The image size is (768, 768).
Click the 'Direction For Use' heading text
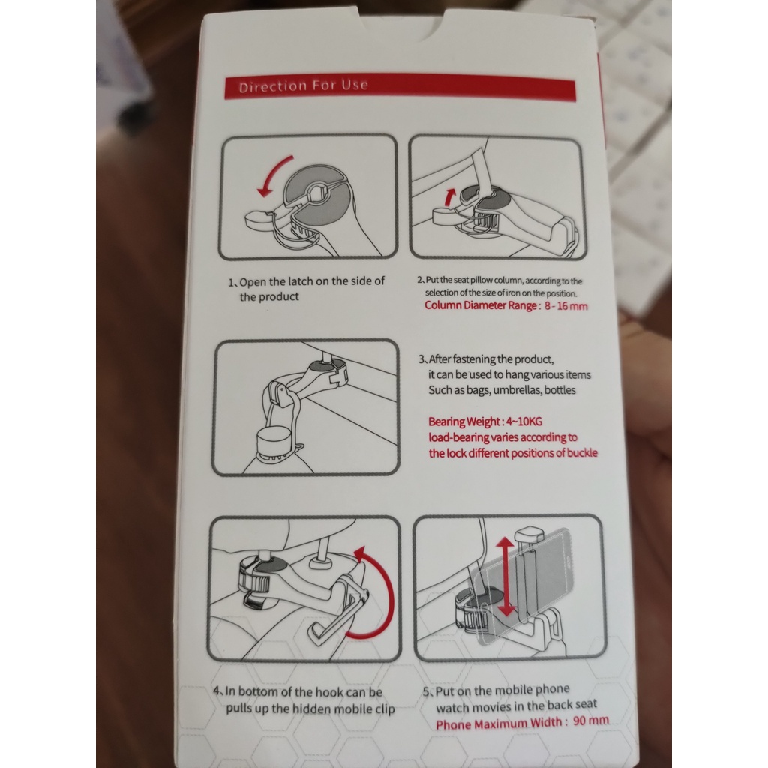point(303,86)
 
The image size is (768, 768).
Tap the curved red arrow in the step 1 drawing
point(271,172)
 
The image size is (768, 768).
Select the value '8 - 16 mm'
point(565,306)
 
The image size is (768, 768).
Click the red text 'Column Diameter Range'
point(481,305)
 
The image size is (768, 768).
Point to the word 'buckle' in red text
point(582,452)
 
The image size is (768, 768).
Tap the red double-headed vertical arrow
point(505,577)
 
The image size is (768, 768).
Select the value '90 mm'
point(591,721)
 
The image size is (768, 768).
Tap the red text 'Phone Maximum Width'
point(499,724)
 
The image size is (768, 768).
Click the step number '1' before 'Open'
point(231,283)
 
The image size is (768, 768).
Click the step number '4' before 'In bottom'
point(217,691)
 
